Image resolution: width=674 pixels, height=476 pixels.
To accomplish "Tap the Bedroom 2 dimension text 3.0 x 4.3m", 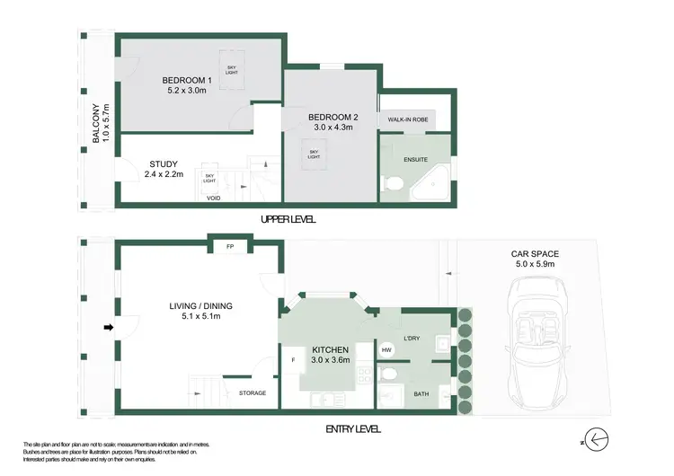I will click(333, 128).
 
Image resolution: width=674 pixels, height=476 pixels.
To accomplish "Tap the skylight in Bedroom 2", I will click(315, 154).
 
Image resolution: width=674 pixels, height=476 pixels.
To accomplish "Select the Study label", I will click(164, 163).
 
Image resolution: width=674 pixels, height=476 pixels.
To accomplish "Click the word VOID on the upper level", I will click(214, 198).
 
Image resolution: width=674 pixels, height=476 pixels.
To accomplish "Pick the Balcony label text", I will click(95, 126).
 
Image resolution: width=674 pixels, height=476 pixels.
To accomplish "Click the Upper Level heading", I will click(288, 220).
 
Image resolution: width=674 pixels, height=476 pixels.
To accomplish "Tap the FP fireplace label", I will click(230, 245).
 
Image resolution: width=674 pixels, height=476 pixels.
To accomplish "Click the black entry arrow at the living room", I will click(109, 328).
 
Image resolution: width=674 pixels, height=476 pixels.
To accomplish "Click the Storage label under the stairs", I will click(253, 393).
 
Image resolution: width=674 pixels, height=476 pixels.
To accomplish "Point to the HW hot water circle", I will click(386, 349).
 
